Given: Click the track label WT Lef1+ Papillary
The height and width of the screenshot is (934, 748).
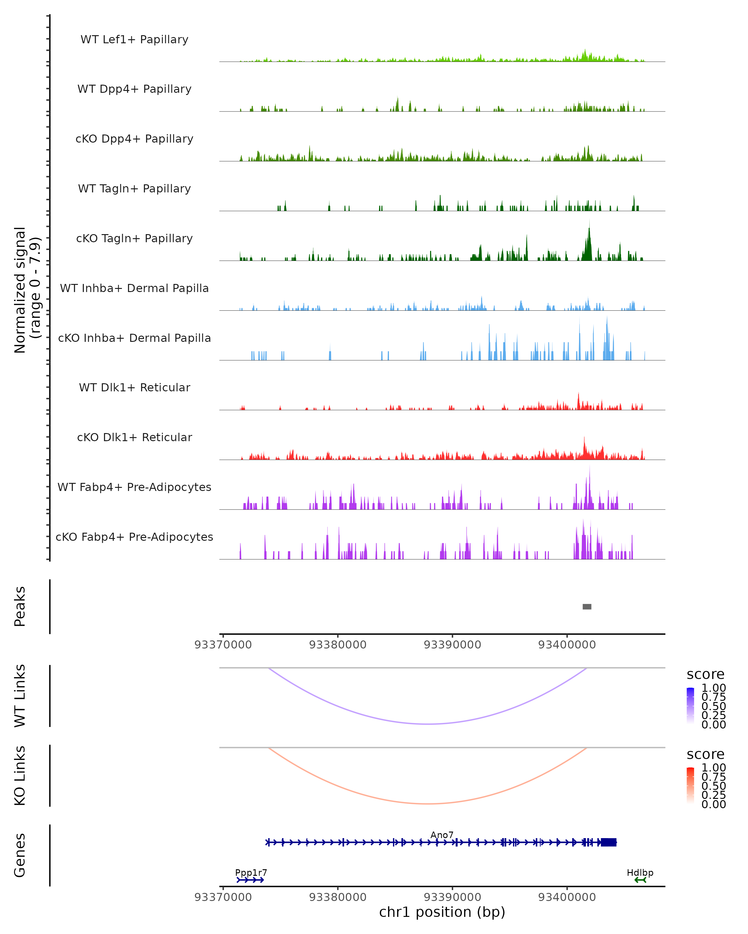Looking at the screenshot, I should (134, 40).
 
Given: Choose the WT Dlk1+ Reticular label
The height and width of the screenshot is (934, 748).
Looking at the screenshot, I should (134, 387).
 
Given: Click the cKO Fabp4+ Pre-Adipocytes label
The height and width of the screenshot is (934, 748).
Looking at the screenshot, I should (134, 537).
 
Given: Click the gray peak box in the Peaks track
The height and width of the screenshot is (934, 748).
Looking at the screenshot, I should (587, 606).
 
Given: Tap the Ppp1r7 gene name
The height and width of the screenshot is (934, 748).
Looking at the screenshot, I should (251, 872).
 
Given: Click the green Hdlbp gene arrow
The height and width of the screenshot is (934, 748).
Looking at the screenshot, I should (640, 880).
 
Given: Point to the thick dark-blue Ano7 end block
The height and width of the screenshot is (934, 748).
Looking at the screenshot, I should (608, 842).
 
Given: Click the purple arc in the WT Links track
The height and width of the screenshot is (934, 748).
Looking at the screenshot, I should (428, 724).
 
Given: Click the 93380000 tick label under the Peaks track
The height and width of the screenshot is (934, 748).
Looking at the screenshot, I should (338, 645).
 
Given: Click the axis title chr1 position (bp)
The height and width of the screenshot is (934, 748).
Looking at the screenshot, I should (442, 912).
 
